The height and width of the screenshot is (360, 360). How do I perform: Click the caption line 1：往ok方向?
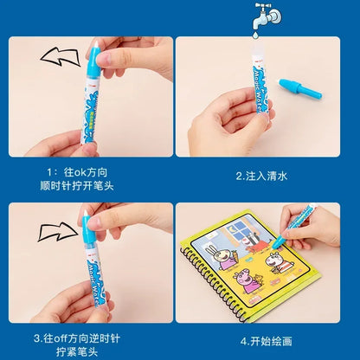pos(90,170)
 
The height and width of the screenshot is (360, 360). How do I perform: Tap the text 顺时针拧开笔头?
pos(90,184)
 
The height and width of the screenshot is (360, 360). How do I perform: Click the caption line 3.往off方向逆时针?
pos(90,337)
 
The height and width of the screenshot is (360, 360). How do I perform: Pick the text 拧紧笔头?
pos(90,351)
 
